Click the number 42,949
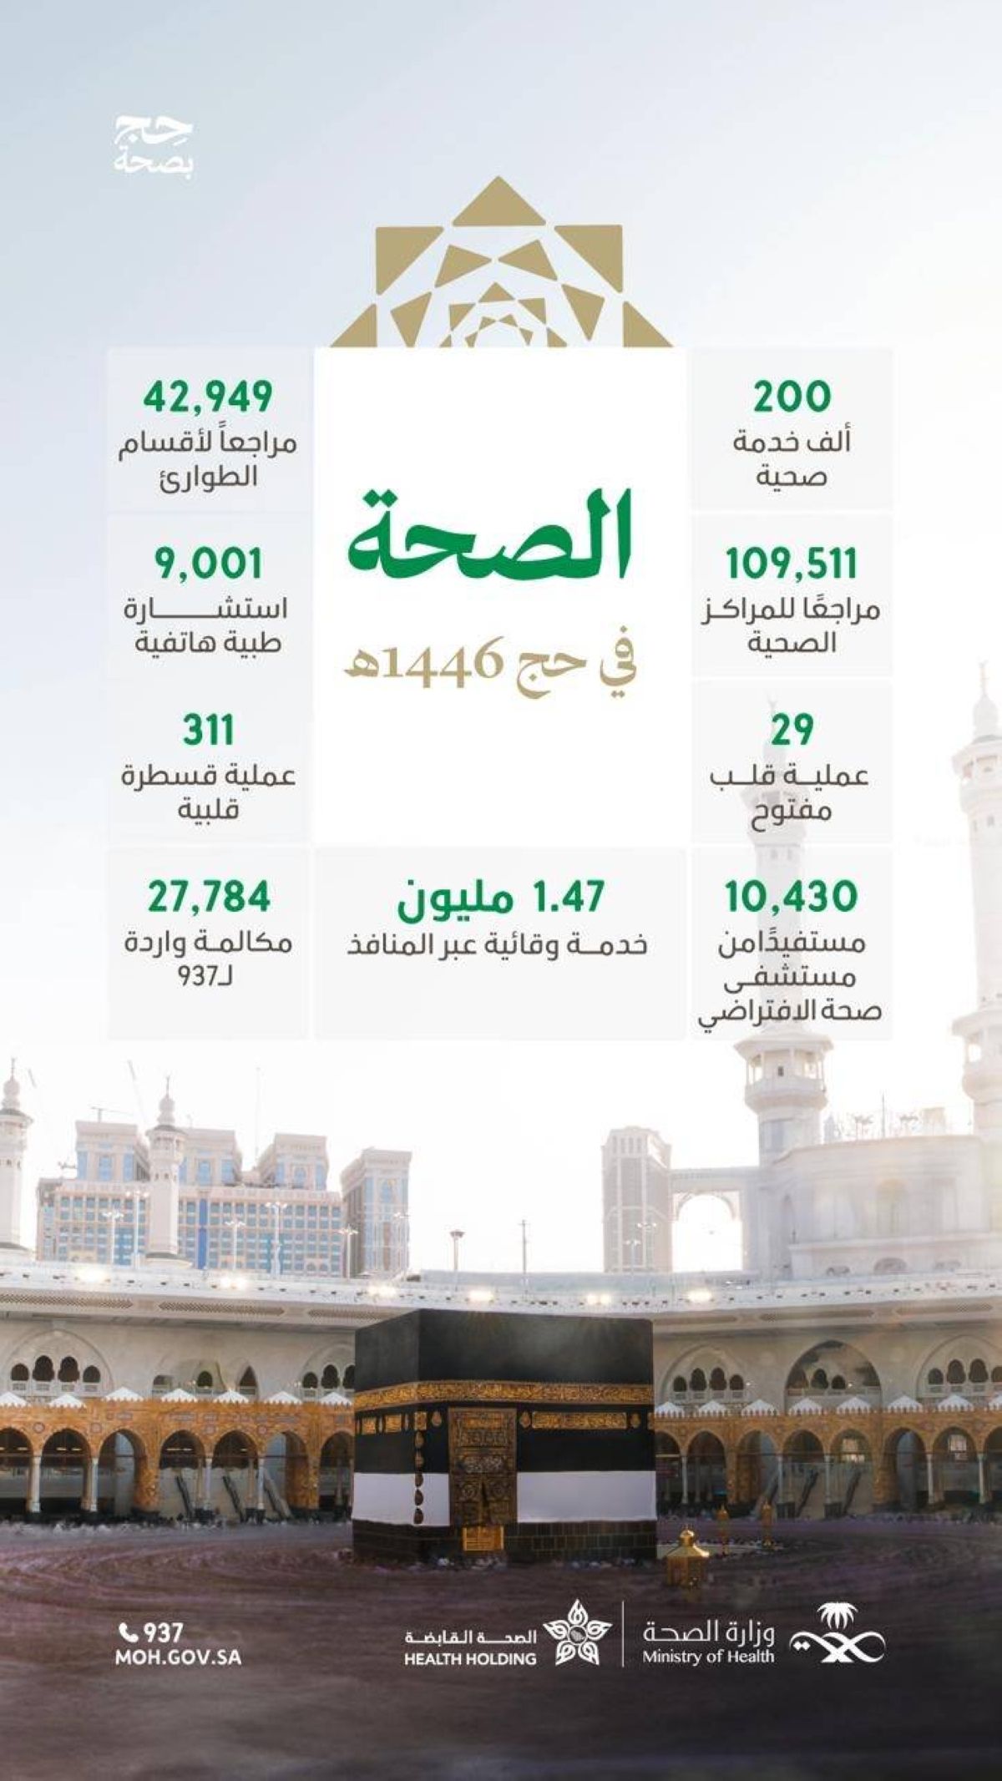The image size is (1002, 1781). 208,397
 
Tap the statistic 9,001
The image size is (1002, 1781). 208,564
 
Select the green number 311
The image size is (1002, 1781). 208,731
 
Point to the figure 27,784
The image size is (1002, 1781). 210,897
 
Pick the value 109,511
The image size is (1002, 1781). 792,564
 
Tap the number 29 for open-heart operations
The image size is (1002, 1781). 792,731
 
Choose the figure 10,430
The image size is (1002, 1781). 792,897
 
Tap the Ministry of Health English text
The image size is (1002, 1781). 708,1657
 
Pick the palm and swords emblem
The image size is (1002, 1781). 838,1637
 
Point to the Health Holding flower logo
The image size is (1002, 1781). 576,1634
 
